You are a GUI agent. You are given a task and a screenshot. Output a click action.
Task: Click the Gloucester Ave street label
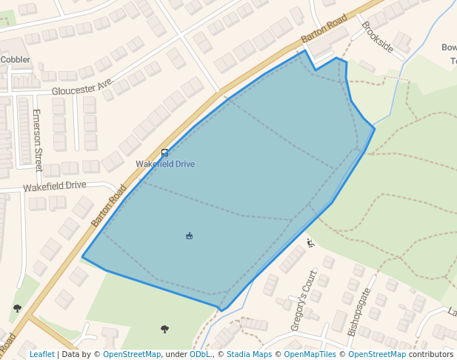click(81, 87)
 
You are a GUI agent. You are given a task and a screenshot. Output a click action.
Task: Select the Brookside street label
click(377, 36)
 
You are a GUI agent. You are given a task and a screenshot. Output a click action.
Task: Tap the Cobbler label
click(15, 59)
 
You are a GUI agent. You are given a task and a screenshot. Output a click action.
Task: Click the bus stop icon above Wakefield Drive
click(164, 153)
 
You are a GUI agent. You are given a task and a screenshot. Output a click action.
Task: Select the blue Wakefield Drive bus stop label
click(165, 164)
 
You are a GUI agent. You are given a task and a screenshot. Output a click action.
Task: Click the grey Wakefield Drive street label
click(55, 186)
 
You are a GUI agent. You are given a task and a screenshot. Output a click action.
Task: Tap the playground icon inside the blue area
click(190, 236)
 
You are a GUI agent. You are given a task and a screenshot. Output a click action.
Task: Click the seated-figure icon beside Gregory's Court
click(310, 242)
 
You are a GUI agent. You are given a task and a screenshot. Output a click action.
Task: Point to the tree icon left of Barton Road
click(17, 308)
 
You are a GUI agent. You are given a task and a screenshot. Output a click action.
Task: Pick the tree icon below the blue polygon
click(164, 328)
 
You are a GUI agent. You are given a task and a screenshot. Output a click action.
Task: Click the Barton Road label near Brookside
click(324, 29)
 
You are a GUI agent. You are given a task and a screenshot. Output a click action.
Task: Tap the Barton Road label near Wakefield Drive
click(109, 205)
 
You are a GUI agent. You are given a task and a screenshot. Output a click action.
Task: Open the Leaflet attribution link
click(41, 354)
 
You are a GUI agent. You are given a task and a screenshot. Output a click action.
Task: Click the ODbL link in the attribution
click(200, 354)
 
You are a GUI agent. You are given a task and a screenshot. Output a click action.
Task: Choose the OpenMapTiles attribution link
click(313, 354)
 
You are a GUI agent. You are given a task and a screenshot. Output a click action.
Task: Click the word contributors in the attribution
click(431, 354)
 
